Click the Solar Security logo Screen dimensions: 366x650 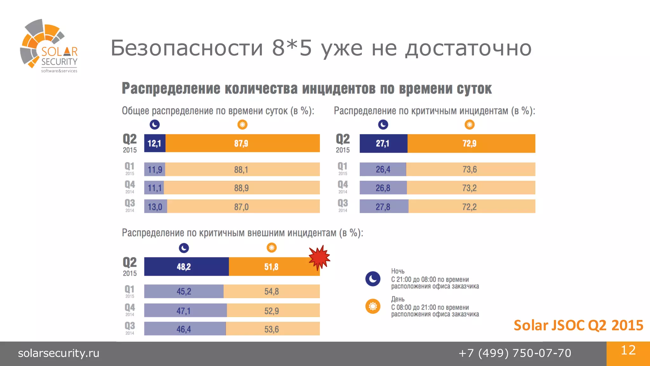[x=49, y=46]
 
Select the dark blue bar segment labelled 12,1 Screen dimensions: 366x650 [x=155, y=143]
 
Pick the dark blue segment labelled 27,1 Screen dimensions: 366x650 [x=383, y=144]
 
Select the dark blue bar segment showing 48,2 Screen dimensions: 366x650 [x=186, y=267]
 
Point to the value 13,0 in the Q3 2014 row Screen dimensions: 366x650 [x=155, y=207]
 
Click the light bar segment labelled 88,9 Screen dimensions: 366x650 [x=242, y=188]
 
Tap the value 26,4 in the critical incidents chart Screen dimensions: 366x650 [x=383, y=169]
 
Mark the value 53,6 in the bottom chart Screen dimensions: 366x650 [x=272, y=329]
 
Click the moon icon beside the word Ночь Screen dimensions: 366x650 [x=373, y=279]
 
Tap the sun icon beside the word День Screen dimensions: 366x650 [x=373, y=306]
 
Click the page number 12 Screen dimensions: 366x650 [x=628, y=350]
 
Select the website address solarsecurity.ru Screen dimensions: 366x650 [x=59, y=353]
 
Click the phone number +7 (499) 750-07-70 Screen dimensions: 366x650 [x=515, y=353]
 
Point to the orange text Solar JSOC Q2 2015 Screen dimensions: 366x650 [x=578, y=325]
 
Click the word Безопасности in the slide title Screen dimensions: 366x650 [x=187, y=48]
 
